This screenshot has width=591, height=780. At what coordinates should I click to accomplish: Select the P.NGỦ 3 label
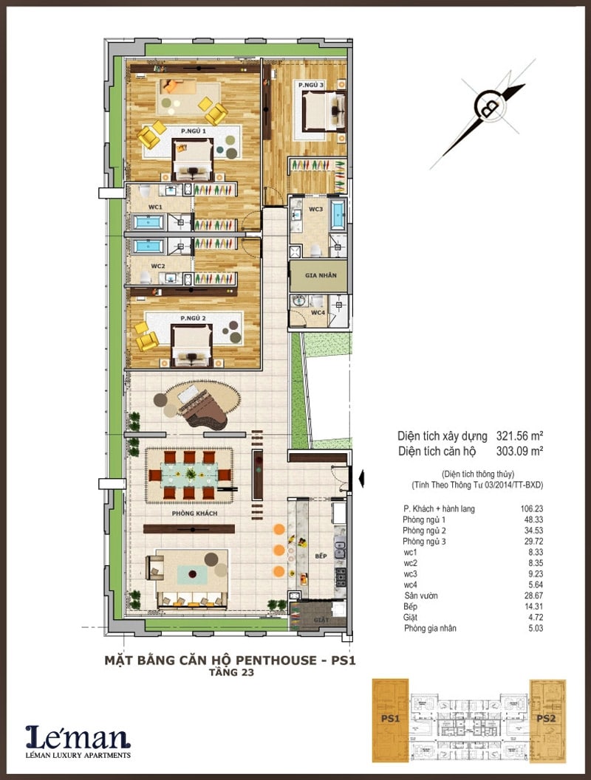pos(311,86)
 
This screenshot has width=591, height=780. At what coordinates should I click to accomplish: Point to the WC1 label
pos(155,207)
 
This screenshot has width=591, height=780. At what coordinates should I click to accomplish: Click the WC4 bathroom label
pos(318,314)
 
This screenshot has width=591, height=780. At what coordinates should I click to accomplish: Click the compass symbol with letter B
pos(486,107)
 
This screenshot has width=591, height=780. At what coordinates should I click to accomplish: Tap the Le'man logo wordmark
pos(78,736)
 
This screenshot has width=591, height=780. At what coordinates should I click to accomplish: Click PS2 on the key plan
pos(547,719)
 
